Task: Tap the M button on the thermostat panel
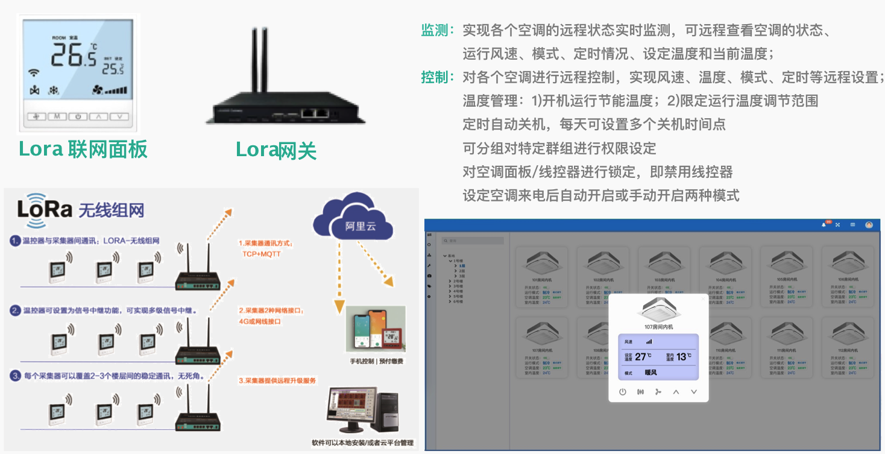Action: point(57,116)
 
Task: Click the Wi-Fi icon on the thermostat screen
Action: point(34,74)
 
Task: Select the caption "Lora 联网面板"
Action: point(83,149)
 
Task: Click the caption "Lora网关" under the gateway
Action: point(276,150)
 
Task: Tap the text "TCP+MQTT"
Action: point(262,254)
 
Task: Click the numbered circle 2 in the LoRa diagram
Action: point(16,311)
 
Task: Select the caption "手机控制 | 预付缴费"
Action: point(377,361)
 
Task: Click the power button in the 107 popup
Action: point(623,391)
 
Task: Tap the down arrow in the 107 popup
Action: point(694,391)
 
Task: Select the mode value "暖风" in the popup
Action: point(650,373)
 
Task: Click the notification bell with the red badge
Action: point(824,224)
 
